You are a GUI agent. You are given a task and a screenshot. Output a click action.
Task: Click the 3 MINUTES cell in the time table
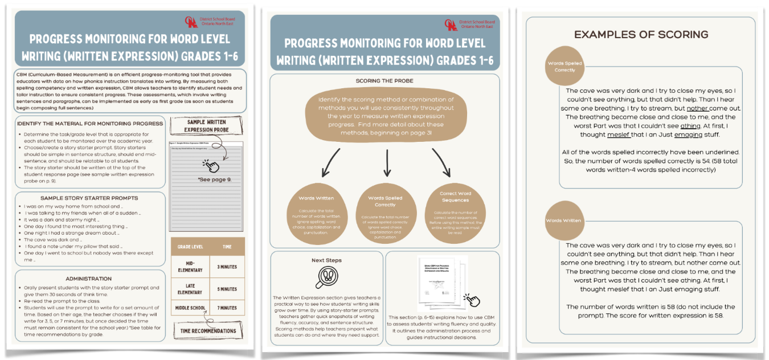(x=227, y=267)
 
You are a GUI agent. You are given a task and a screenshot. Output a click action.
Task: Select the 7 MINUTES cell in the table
(x=227, y=308)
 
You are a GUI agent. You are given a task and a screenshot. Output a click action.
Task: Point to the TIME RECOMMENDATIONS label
(x=208, y=331)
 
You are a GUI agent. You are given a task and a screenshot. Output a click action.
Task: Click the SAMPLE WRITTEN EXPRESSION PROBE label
(x=206, y=126)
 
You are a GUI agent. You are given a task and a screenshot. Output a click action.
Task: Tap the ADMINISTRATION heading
(x=88, y=279)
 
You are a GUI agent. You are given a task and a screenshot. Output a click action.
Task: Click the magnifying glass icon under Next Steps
(x=326, y=277)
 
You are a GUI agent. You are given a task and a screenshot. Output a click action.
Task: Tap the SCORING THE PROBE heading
(x=384, y=81)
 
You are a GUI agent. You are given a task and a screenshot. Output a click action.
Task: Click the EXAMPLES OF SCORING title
(x=641, y=35)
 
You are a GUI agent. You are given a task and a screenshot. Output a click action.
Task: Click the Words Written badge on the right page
(x=563, y=220)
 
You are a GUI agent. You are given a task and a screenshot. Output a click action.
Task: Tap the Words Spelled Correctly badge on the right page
(x=565, y=67)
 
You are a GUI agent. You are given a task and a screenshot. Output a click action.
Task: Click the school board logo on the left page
(x=191, y=22)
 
